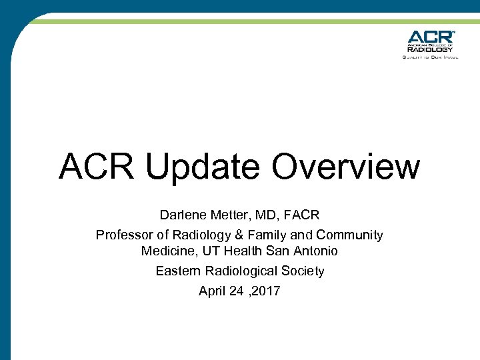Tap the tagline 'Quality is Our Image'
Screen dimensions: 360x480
[430, 57]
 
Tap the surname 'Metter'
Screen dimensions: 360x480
[228, 215]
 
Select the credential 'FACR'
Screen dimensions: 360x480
[302, 215]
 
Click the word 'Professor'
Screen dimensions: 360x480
[124, 235]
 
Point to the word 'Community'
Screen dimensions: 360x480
[349, 235]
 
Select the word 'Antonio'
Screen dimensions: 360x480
[315, 251]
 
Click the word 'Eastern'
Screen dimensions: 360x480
[177, 271]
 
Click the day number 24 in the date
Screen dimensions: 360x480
[236, 291]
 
